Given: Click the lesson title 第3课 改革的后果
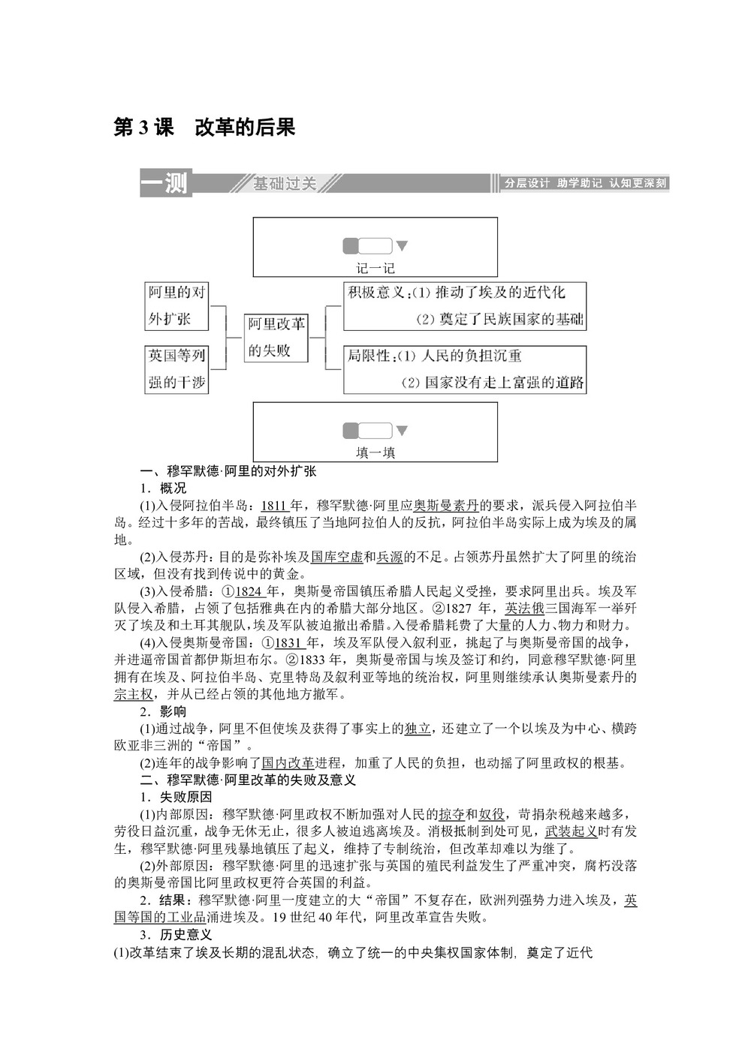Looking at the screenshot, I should [x=204, y=128].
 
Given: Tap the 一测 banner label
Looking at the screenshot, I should [x=165, y=182].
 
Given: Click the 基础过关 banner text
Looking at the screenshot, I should [x=285, y=183].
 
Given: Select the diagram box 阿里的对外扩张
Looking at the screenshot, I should [x=176, y=305].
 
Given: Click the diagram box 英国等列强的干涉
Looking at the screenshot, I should [x=176, y=369].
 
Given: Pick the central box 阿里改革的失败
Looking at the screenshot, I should [x=276, y=337].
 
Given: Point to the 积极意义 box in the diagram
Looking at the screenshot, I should [x=464, y=305].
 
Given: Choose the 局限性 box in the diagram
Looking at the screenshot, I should [x=464, y=369].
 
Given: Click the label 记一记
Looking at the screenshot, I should [x=375, y=268].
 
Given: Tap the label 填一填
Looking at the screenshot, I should [x=375, y=452].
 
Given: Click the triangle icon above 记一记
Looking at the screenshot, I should [x=402, y=245].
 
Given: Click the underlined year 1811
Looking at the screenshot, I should [x=274, y=505].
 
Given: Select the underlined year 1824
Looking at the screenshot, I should [x=249, y=591].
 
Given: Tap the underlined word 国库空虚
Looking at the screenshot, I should [x=336, y=557].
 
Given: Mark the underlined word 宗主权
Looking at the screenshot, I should [x=133, y=694].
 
